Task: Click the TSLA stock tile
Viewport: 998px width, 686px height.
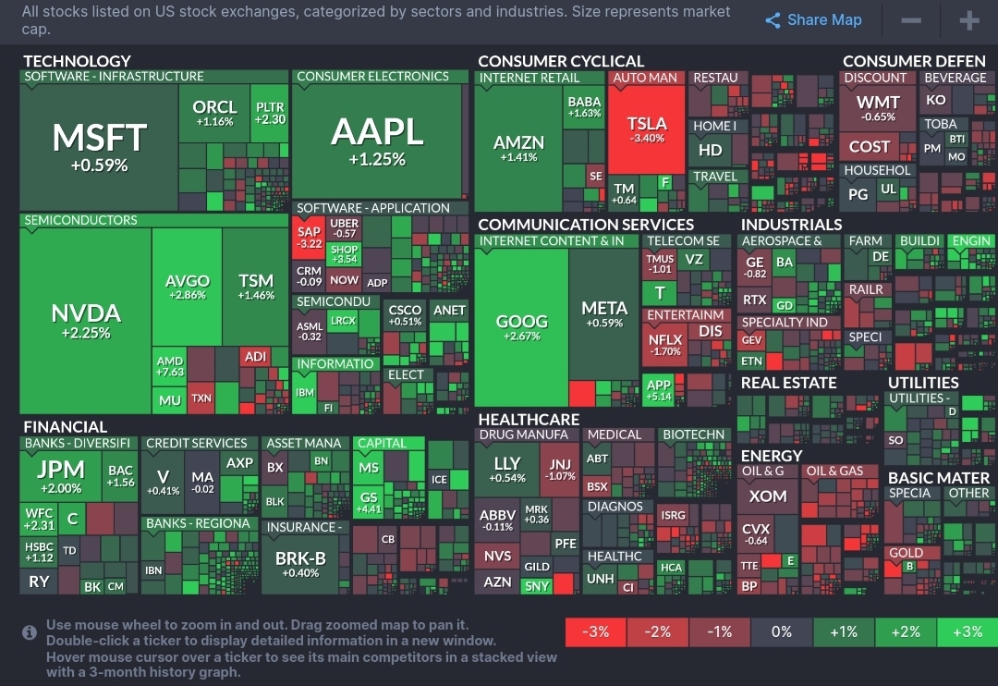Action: tap(647, 129)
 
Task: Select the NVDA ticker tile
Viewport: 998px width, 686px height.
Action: tap(86, 320)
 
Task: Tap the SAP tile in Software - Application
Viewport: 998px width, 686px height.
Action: tap(310, 238)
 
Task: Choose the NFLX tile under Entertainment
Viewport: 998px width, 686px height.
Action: tap(665, 345)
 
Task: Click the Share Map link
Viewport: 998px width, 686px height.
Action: tap(813, 20)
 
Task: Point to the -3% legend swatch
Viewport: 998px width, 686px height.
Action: tap(595, 632)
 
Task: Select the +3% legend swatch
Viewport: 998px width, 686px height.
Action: tap(967, 632)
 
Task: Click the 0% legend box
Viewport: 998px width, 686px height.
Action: tap(782, 632)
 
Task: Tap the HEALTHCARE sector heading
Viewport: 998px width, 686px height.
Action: tap(529, 420)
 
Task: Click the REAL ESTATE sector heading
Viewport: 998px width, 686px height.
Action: tap(788, 383)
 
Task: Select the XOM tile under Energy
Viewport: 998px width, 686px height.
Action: tap(768, 496)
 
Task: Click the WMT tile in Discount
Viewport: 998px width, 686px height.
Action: tap(878, 107)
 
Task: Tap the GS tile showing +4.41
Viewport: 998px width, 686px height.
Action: tap(369, 502)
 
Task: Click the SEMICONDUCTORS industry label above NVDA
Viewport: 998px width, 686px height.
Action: tap(80, 221)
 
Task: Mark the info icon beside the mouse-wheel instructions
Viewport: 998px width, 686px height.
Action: tap(30, 632)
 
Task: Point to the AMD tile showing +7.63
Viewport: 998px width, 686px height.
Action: tap(170, 366)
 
